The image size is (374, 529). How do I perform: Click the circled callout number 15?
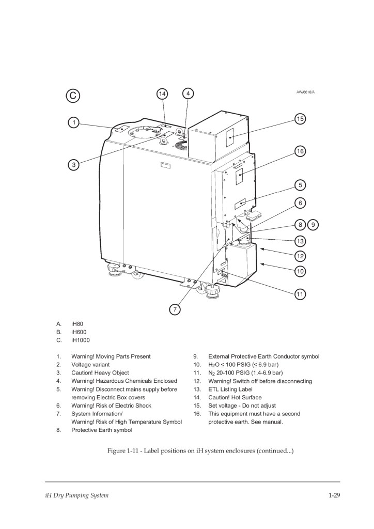pos(300,119)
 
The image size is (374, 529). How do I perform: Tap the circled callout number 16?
pos(300,151)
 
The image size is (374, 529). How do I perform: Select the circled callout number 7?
pos(175,309)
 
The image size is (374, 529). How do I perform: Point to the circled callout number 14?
pos(162,94)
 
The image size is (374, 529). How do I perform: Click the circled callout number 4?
pos(189,94)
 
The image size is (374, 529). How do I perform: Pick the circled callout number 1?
pos(74,122)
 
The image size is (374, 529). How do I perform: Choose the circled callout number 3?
pos(74,165)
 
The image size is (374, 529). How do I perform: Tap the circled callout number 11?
pos(300,294)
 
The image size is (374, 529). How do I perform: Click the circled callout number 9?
pos(313,225)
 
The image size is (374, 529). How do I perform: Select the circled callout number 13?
pos(300,240)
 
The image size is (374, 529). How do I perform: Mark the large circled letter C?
pos(73,96)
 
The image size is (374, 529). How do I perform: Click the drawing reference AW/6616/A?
pos(305,92)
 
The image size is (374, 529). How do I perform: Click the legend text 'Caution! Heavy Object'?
pos(100,372)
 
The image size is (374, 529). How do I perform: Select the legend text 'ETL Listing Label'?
pos(230,389)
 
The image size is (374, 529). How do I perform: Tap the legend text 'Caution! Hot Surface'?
pos(235,397)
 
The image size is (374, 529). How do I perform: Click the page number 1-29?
pos(334,496)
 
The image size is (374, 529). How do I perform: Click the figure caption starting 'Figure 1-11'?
pos(200,451)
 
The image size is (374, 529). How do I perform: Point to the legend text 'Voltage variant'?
pos(93,364)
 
